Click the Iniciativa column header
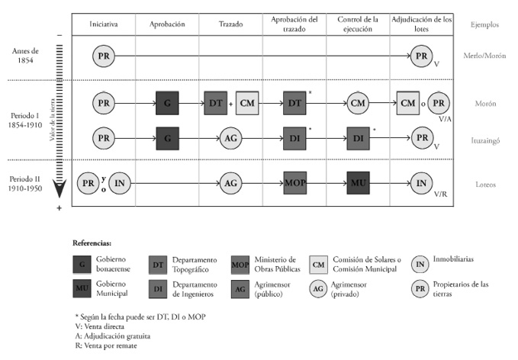coord(104,24)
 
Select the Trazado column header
coord(230,24)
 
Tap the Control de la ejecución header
coord(357,24)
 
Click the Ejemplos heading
coord(484,24)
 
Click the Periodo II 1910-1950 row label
coord(31,183)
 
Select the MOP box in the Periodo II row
coord(294,183)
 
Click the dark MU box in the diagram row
coord(358,183)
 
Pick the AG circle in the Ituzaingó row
coord(230,138)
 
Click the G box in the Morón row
coord(167,102)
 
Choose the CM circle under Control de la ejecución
coord(358,102)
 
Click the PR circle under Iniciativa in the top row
coord(104,55)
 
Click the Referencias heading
coord(93,242)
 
